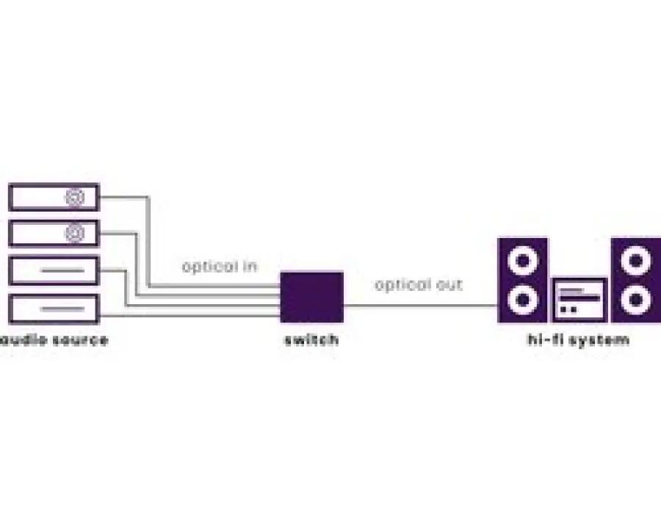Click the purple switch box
pos(312,298)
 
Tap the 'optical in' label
pos(219,267)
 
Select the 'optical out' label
pos(419,285)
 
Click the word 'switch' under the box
pos(311,339)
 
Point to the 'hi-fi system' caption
pos(579,339)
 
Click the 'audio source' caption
pos(54,340)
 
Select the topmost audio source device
pos(54,197)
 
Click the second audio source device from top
pos(54,234)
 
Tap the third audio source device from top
pos(54,270)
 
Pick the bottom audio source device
pos(54,309)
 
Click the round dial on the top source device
pos(75,198)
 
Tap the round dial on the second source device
pos(75,234)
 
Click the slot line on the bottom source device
pos(62,309)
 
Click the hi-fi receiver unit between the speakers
pos(579,300)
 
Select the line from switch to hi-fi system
pos(421,306)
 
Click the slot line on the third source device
pos(62,270)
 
